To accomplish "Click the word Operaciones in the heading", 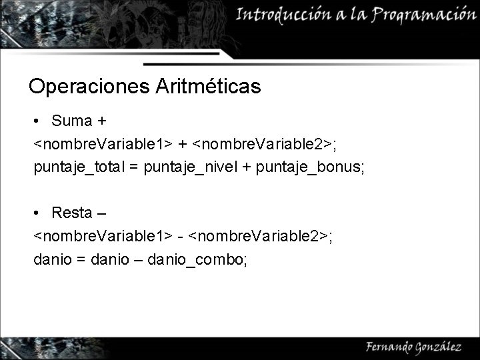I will pyautogui.click(x=89, y=87).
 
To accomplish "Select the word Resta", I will pyautogui.click(x=72, y=213).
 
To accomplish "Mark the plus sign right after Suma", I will pyautogui.click(x=102, y=121).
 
